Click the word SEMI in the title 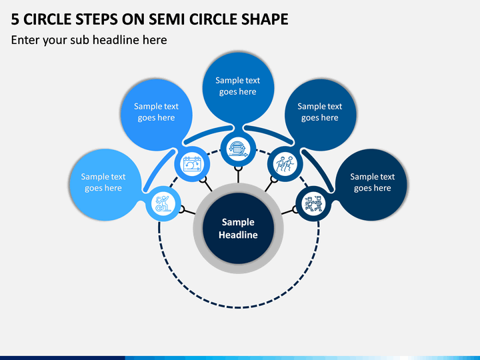point(167,19)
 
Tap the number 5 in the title point(15,19)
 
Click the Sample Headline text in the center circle point(238,229)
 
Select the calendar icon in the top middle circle point(238,149)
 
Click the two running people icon point(285,164)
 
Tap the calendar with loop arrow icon point(192,164)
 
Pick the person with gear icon point(163,204)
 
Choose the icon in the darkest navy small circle point(313,204)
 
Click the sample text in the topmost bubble point(238,86)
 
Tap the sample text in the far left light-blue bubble point(103,183)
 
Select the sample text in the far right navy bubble point(373,183)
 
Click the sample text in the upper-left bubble point(156,112)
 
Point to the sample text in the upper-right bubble point(319,112)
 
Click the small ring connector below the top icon point(238,169)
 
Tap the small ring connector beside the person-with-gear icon point(181,209)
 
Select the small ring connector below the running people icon point(274,179)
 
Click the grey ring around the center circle point(198,229)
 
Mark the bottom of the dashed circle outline point(238,307)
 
